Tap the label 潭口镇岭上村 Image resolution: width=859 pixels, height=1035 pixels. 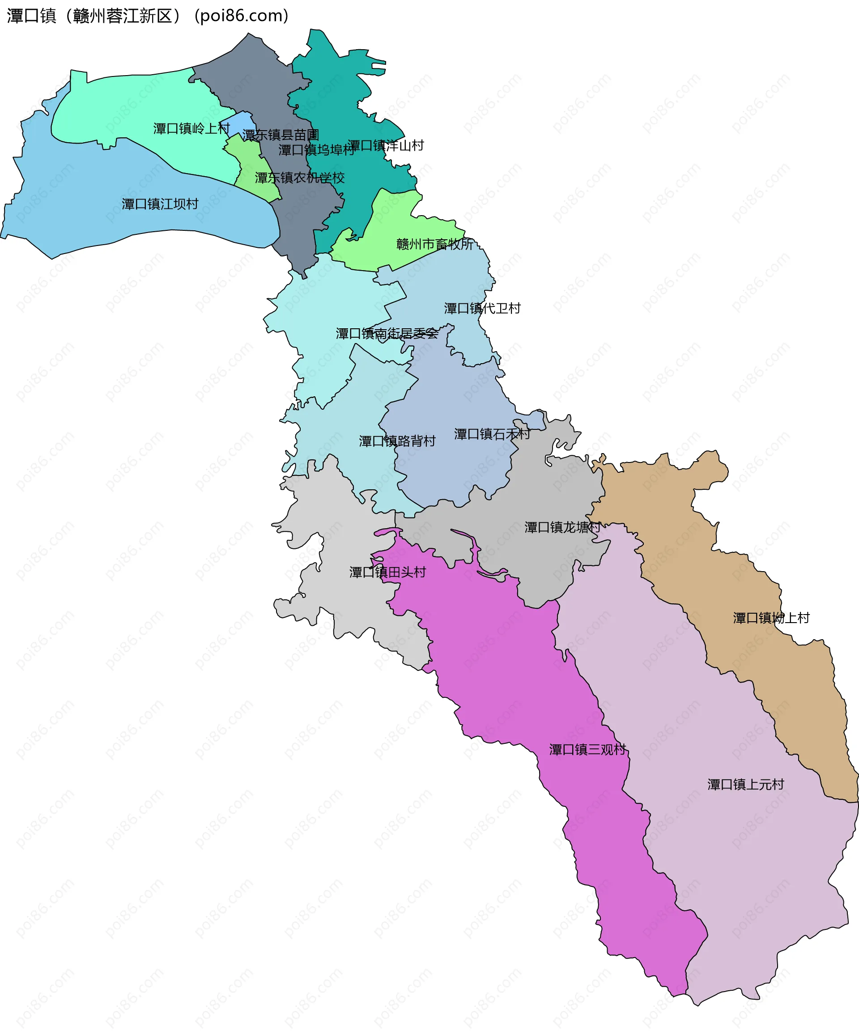pos(191,129)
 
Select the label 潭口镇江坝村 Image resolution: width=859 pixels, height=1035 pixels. pos(160,204)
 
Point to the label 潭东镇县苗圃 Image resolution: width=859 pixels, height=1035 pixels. pos(281,135)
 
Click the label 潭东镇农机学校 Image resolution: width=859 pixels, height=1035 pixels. pos(299,178)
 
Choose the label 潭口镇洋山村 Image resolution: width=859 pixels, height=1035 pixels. pos(386,145)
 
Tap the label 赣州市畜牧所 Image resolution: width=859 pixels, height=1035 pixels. pos(434,244)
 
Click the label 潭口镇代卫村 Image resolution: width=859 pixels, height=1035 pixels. pos(482,309)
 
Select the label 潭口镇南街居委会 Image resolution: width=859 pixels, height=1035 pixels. pos(387,334)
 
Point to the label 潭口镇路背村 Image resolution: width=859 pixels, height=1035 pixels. pos(397,441)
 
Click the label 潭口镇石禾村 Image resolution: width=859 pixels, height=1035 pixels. pos(492,434)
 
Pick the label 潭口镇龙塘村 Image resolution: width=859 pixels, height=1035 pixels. pos(562,527)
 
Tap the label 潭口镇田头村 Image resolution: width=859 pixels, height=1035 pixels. pos(387,572)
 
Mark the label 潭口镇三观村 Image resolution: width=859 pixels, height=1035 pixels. pos(587,750)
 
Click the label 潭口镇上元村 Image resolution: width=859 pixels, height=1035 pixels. pos(745,785)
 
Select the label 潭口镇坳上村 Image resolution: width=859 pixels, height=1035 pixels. pos(771,618)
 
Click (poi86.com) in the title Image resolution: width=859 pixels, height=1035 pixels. pos(242,16)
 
